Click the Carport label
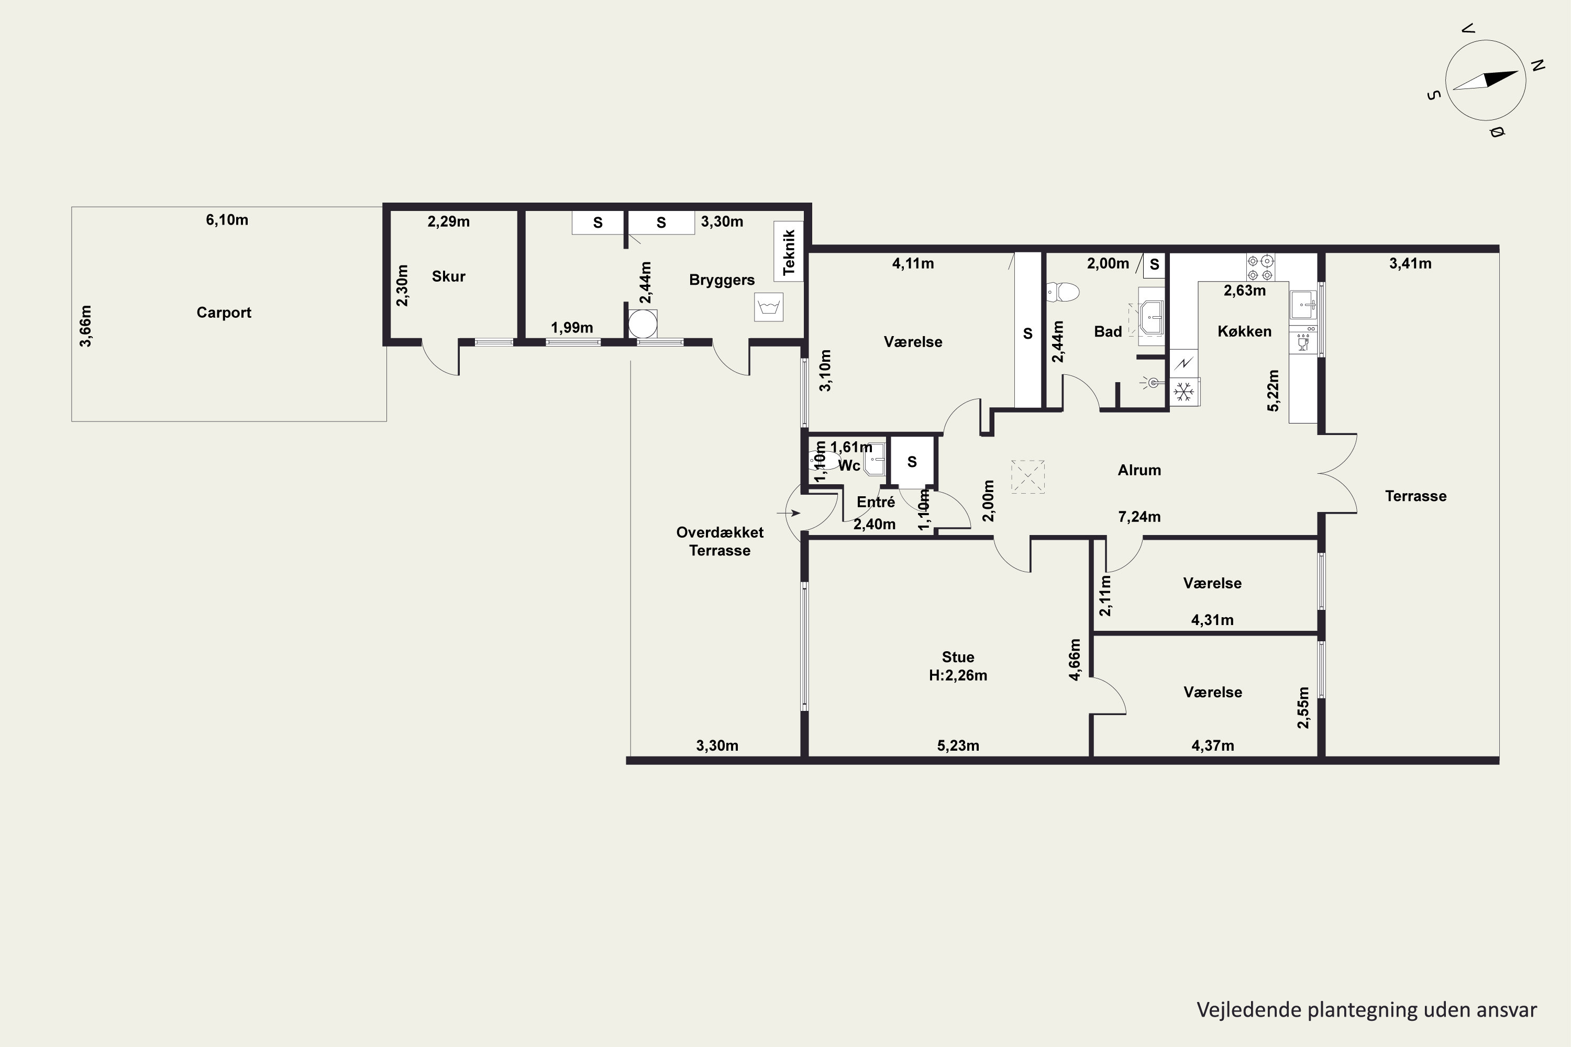click(224, 313)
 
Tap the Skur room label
click(448, 276)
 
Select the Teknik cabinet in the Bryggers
click(789, 252)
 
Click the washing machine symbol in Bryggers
click(769, 307)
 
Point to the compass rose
click(1486, 81)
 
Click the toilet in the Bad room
click(1063, 292)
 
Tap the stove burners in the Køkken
click(1260, 267)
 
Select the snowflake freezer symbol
click(1184, 392)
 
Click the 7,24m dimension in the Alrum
click(1139, 517)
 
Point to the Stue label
click(958, 657)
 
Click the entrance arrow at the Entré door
click(789, 513)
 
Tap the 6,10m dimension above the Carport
click(227, 220)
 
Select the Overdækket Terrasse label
click(720, 541)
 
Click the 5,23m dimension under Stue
click(958, 746)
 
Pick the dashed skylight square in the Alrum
click(1027, 477)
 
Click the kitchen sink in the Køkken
click(1303, 305)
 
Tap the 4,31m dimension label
click(1212, 620)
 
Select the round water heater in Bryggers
click(643, 323)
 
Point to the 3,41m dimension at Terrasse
click(1410, 264)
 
